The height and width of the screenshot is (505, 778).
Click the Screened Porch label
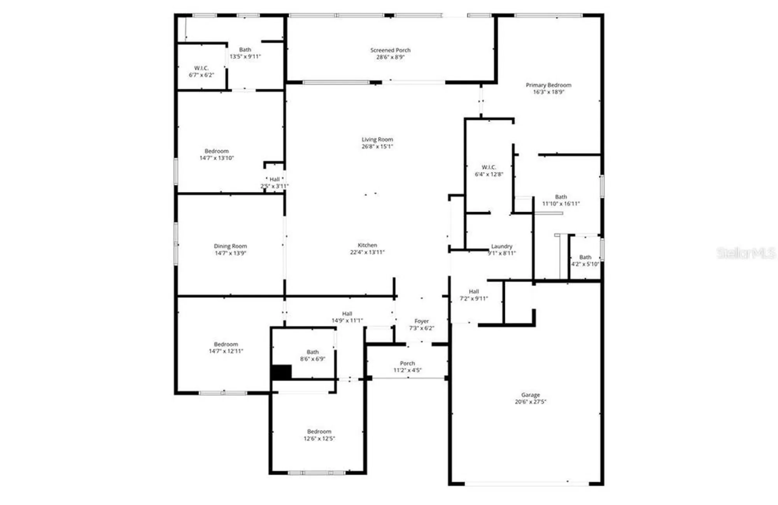(x=390, y=50)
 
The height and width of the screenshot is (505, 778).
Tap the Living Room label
(x=377, y=139)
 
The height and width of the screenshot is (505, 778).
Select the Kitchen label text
(x=367, y=245)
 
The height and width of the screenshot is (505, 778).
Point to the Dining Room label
(x=230, y=246)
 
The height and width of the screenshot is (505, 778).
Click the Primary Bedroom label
(x=548, y=85)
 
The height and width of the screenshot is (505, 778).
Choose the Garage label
(x=531, y=395)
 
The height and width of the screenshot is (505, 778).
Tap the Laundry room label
(x=501, y=246)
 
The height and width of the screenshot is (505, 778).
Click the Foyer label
(x=422, y=321)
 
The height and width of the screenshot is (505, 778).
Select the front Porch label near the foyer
(x=407, y=363)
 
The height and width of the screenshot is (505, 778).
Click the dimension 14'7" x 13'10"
(x=217, y=158)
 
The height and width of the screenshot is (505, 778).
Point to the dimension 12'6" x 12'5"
(x=319, y=438)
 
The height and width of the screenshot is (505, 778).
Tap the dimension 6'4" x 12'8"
(x=489, y=174)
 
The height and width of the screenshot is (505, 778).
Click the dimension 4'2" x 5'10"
(x=585, y=264)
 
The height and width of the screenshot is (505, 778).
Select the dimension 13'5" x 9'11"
(x=245, y=56)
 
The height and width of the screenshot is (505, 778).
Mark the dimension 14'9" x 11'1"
(x=347, y=321)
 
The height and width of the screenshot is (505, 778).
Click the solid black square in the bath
(x=281, y=372)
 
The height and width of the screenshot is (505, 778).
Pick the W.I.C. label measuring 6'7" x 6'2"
(x=202, y=68)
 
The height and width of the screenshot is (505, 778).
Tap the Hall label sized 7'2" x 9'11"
(x=474, y=291)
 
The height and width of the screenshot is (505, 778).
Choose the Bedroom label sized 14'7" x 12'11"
(x=226, y=344)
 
